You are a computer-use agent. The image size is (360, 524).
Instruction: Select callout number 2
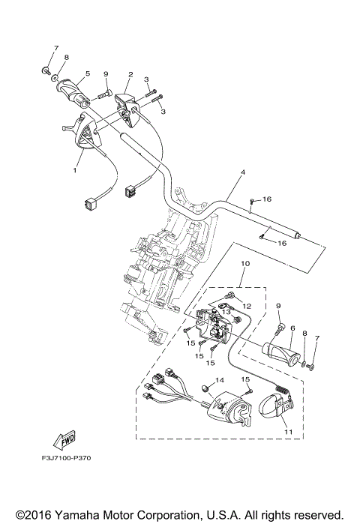[x=130, y=75]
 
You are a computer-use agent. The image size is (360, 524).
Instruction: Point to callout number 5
[x=88, y=73]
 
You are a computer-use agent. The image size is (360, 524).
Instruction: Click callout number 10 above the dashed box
[x=244, y=285]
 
